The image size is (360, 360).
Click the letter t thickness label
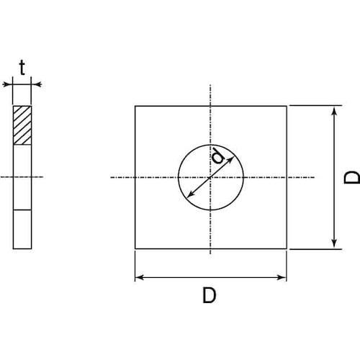[x=22, y=68]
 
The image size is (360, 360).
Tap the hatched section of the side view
[x=22, y=125]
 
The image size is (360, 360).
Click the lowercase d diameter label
[x=218, y=156]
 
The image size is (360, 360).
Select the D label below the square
[x=210, y=295]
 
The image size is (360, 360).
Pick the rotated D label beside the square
[x=351, y=177]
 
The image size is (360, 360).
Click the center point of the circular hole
[x=210, y=177]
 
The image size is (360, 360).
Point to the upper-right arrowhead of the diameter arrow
[x=231, y=159]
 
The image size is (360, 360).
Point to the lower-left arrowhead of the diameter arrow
[x=189, y=195]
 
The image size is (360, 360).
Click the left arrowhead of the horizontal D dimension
[x=138, y=277]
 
